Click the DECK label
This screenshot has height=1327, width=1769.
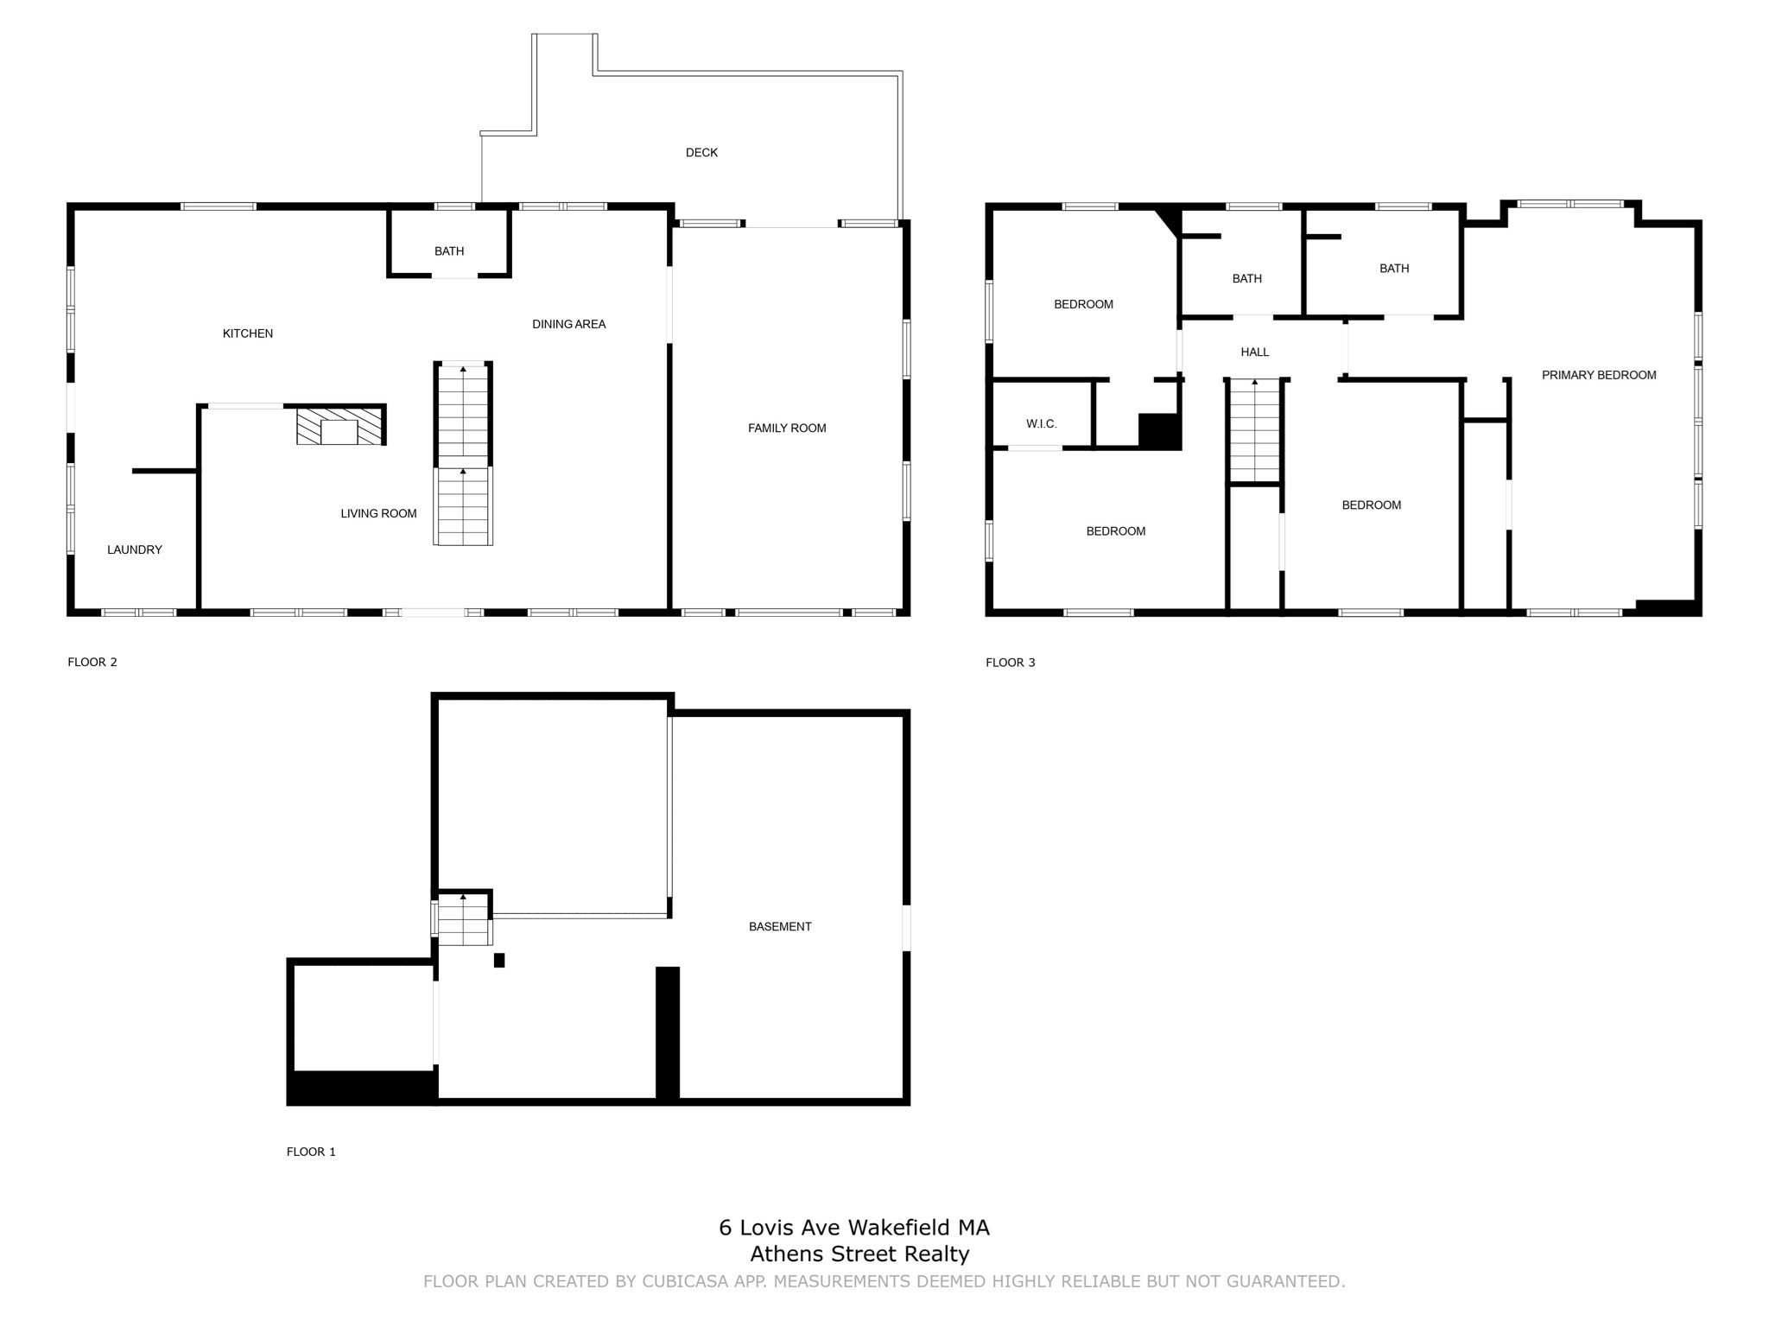tap(701, 153)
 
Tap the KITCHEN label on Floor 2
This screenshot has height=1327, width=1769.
tap(248, 333)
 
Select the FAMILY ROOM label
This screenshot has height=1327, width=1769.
tap(787, 429)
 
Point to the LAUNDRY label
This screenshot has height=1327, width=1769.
tap(135, 550)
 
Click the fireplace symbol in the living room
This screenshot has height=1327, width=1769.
tap(339, 427)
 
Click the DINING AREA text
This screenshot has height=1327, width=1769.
tap(568, 325)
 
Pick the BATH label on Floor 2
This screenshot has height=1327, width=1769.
tap(449, 251)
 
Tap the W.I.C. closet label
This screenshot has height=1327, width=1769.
tap(1041, 424)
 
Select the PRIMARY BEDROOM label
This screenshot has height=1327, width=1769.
tap(1599, 375)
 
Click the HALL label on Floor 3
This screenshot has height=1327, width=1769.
tap(1254, 352)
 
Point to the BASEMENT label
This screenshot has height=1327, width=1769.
tap(780, 927)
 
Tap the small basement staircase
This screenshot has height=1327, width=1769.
tap(465, 921)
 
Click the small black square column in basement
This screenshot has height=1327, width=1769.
tap(499, 960)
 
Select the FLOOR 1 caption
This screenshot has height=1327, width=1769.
tap(311, 1152)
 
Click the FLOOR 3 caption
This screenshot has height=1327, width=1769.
tap(1010, 663)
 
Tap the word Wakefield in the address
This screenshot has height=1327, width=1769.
tap(899, 1228)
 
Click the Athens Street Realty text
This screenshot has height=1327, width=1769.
tap(859, 1254)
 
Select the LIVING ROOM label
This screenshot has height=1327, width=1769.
tap(378, 514)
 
